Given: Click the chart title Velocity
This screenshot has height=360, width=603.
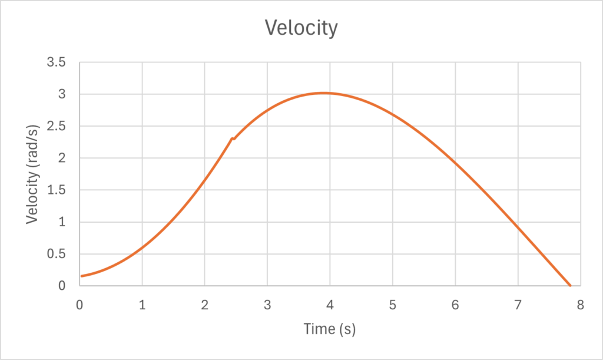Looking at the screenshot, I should coord(301,28).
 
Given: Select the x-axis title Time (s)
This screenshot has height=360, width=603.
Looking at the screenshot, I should coord(330,329).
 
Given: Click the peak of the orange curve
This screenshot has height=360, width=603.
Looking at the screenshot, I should coord(323,93).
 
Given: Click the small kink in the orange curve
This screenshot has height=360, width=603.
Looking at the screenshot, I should coord(233,138).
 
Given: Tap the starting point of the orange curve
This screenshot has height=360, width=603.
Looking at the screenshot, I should coord(82,276).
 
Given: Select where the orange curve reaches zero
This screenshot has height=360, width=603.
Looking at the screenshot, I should coord(570,286).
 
